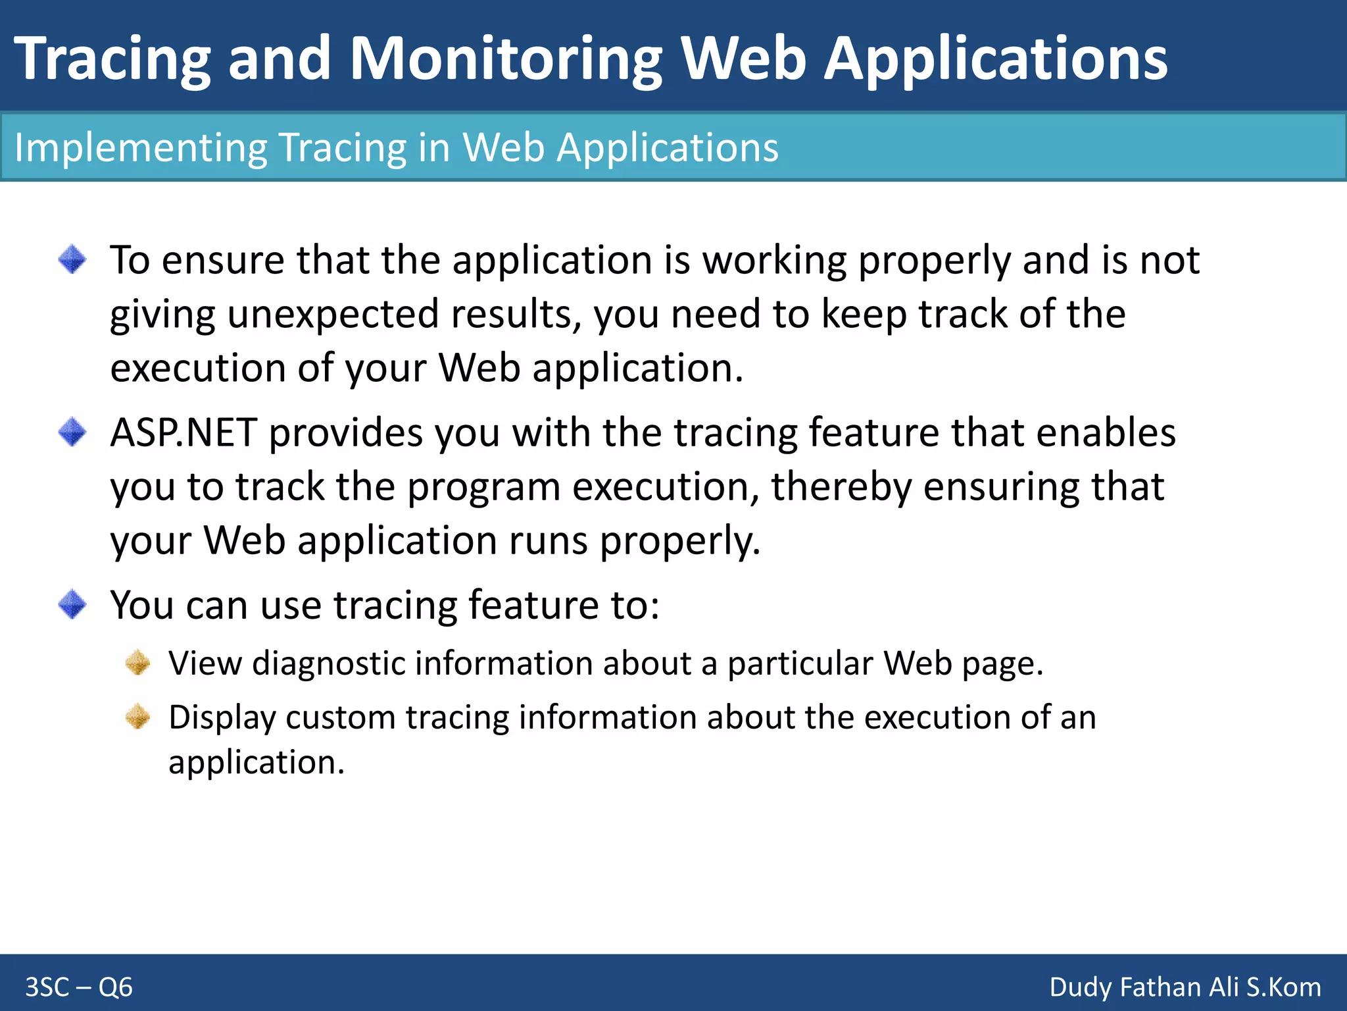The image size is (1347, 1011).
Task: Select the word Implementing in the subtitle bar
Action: [140, 147]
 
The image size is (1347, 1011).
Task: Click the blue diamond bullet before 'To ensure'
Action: [72, 259]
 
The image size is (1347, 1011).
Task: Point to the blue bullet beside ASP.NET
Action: [72, 432]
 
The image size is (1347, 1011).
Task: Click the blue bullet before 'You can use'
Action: [72, 604]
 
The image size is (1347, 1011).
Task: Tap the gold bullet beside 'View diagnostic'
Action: [138, 662]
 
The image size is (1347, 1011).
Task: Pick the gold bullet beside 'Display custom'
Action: [138, 716]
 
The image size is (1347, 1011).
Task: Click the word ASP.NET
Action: [183, 433]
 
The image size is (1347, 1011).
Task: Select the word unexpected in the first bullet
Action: [333, 314]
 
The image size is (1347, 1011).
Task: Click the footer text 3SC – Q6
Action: [79, 987]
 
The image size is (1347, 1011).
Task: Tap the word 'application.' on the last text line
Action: [257, 764]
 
